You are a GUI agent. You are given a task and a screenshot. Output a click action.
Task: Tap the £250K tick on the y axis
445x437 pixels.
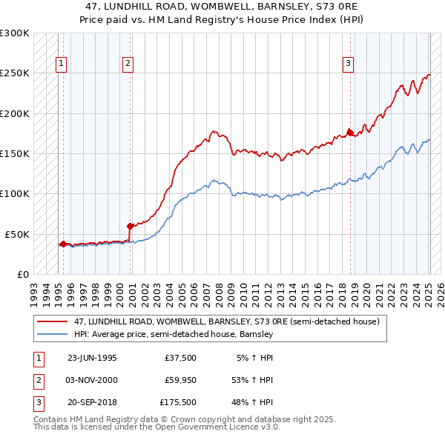[x=15, y=73]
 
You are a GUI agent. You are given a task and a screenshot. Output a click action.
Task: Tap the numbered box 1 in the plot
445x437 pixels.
[x=60, y=64]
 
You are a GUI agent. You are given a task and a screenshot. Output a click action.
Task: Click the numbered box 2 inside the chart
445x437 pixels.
[x=128, y=64]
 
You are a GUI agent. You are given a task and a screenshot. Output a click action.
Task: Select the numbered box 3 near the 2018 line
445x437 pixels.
[x=348, y=64]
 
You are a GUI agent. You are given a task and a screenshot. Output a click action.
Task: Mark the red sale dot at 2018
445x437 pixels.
[x=351, y=133]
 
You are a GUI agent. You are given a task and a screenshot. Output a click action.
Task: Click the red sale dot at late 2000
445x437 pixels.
[x=130, y=226]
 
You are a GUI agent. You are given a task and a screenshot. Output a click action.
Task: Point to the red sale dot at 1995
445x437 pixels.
[x=63, y=244]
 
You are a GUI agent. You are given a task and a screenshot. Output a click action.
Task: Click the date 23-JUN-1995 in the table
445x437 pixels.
[x=92, y=357]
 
